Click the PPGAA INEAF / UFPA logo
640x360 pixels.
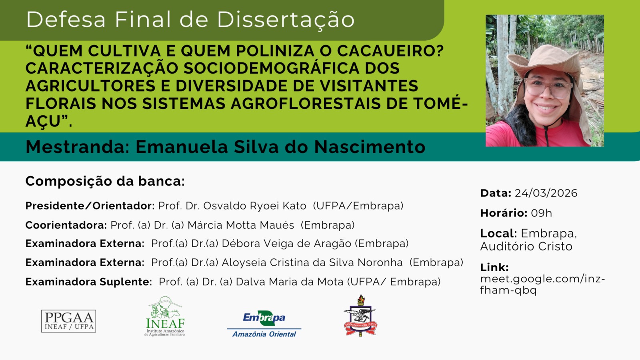coord(68,321)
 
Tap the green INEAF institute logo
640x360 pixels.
coord(165,316)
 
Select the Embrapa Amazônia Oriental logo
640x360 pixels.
coord(264,324)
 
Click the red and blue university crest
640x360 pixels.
coord(360,316)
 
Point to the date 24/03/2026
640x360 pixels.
coord(546,193)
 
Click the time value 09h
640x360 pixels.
coord(542,213)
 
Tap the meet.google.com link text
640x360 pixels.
coord(542,284)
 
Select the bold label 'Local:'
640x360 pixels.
coord(498,234)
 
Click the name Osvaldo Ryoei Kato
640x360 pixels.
coord(254,206)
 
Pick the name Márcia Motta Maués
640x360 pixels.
coord(241,225)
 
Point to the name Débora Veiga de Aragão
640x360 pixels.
coord(286,244)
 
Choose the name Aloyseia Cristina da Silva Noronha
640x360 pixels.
coord(312,262)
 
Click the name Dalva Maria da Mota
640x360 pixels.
coord(290,282)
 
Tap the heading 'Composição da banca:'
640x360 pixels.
coord(105,181)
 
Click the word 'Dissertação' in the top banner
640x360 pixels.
coord(286,20)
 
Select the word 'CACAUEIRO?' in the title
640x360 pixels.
coord(390,50)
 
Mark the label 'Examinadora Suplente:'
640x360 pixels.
coord(89,282)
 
